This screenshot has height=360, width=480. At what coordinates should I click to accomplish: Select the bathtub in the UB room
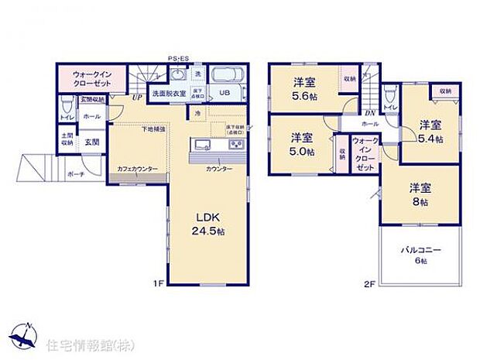point(228,77)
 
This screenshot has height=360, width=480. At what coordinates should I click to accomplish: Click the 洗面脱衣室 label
point(168,94)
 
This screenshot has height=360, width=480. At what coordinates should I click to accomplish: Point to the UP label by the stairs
point(136,98)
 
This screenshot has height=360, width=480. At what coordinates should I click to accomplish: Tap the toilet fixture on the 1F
point(67,103)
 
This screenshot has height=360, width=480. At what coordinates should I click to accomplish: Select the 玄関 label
point(92,142)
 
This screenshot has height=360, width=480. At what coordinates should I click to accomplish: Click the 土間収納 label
point(67,139)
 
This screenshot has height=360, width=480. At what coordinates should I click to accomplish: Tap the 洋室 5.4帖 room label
point(431,132)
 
